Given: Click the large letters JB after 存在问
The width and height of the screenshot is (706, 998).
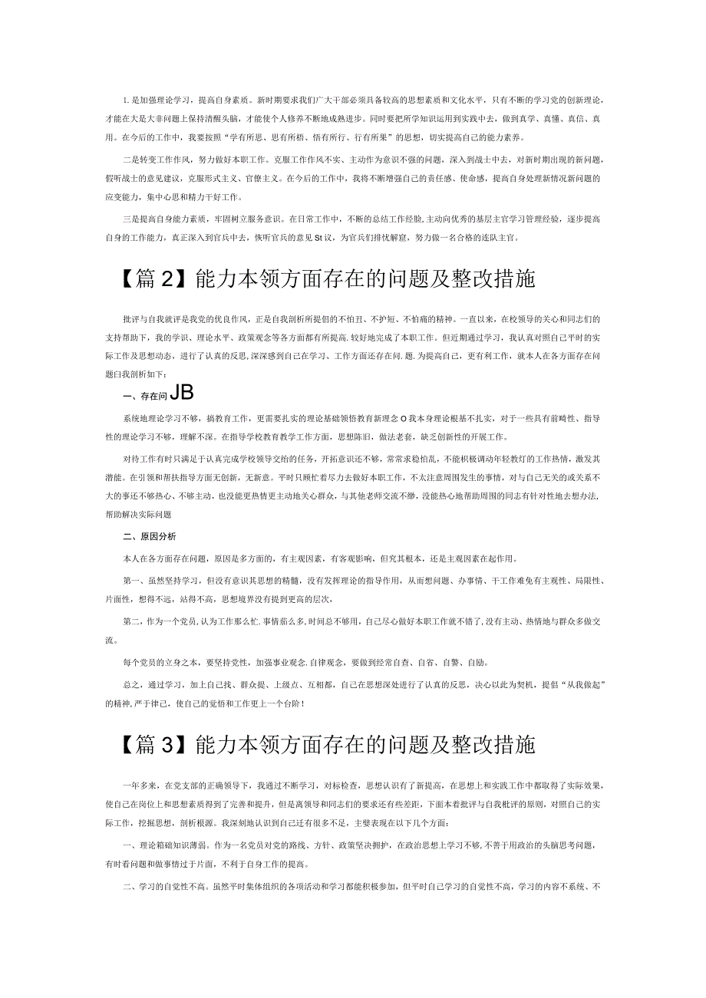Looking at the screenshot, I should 181,393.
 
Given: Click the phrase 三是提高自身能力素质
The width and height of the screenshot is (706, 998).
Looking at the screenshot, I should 160,219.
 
